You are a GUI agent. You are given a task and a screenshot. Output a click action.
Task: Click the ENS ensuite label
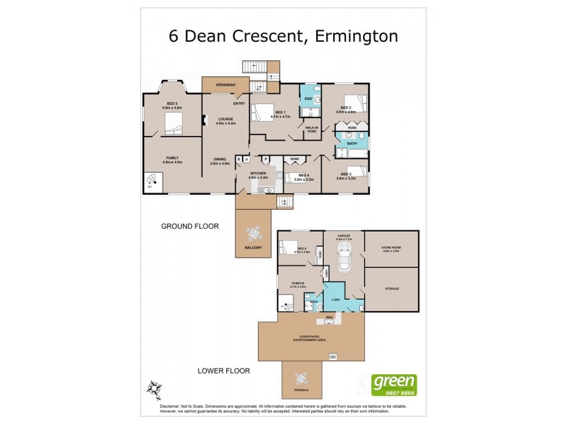(308, 98)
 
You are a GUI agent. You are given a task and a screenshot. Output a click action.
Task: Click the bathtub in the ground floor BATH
(352, 151)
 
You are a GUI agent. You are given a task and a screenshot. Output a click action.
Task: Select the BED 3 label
(346, 175)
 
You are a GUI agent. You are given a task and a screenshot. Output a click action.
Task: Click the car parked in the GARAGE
(344, 261)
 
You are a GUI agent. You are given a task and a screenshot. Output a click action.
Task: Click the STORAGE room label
(392, 288)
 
